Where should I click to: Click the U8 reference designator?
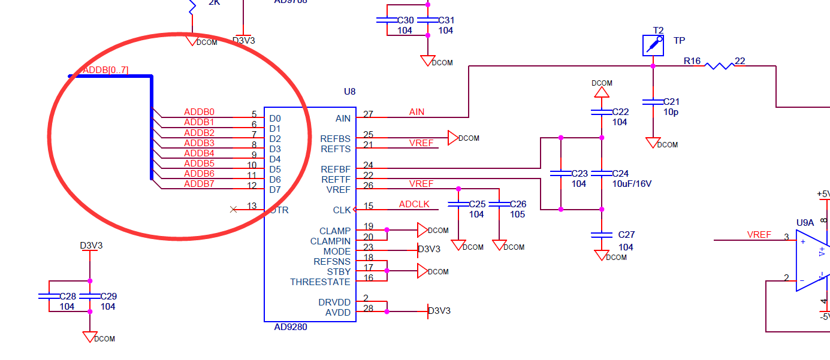[349, 92]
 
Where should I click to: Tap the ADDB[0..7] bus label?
[105, 70]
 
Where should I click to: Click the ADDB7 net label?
[199, 184]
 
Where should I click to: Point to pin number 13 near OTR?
[252, 206]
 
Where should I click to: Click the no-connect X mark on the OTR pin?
[234, 209]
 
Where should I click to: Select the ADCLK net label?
[414, 204]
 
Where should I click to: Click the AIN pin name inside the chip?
[343, 119]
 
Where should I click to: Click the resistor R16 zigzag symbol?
[719, 65]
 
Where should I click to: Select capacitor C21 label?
[671, 102]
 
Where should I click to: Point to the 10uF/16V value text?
[631, 184]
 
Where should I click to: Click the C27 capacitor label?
[626, 235]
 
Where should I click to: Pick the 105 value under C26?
[517, 214]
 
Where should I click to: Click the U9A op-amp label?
[805, 223]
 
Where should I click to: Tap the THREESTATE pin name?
[320, 282]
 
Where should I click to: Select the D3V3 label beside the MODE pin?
[429, 249]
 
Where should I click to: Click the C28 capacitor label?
[68, 297]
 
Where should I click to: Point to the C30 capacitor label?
[406, 20]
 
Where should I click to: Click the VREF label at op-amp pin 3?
[759, 235]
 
